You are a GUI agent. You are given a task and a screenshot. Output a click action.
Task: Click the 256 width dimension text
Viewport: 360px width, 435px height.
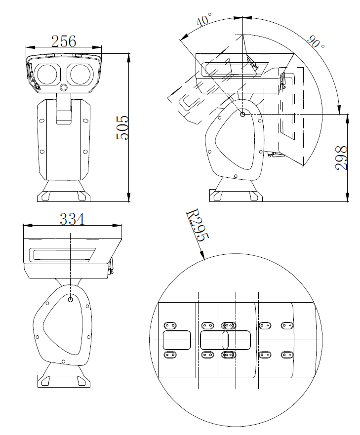click(64, 41)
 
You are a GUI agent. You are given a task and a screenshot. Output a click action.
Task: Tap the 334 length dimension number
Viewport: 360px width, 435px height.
click(72, 218)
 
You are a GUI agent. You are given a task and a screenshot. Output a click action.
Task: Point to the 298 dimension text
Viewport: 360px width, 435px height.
click(341, 158)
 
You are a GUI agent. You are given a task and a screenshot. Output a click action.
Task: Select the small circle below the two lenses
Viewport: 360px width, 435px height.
click(64, 87)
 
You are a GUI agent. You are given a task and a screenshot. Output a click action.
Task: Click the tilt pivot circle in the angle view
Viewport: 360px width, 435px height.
click(242, 115)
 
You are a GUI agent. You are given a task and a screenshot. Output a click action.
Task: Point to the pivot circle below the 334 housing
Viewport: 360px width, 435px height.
click(71, 299)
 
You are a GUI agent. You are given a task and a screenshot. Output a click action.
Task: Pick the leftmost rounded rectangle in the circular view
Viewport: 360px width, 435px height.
click(177, 340)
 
